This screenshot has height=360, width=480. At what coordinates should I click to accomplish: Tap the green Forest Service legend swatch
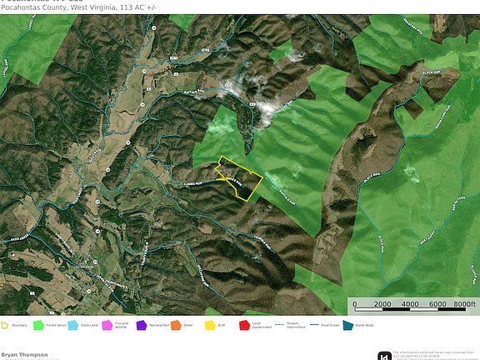tap(38, 325)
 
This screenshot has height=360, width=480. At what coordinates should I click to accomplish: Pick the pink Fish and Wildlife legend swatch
tap(107, 325)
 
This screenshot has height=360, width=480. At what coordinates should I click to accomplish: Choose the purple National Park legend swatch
tap(142, 325)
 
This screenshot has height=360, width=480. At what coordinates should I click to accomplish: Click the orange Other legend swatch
tap(176, 325)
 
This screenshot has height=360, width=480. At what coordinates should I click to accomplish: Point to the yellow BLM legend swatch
tap(210, 325)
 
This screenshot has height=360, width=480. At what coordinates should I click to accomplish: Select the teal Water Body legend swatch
tap(347, 325)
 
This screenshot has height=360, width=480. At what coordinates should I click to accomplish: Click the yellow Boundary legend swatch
tap(5, 325)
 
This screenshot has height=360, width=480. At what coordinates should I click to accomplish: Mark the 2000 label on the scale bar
tap(382, 304)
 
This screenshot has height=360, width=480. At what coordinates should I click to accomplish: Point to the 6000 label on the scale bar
tap(437, 304)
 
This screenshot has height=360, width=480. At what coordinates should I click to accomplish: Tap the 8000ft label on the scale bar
tap(463, 304)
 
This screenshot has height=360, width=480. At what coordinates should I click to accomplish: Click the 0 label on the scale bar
tap(355, 304)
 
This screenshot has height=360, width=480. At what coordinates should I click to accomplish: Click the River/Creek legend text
tap(328, 325)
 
